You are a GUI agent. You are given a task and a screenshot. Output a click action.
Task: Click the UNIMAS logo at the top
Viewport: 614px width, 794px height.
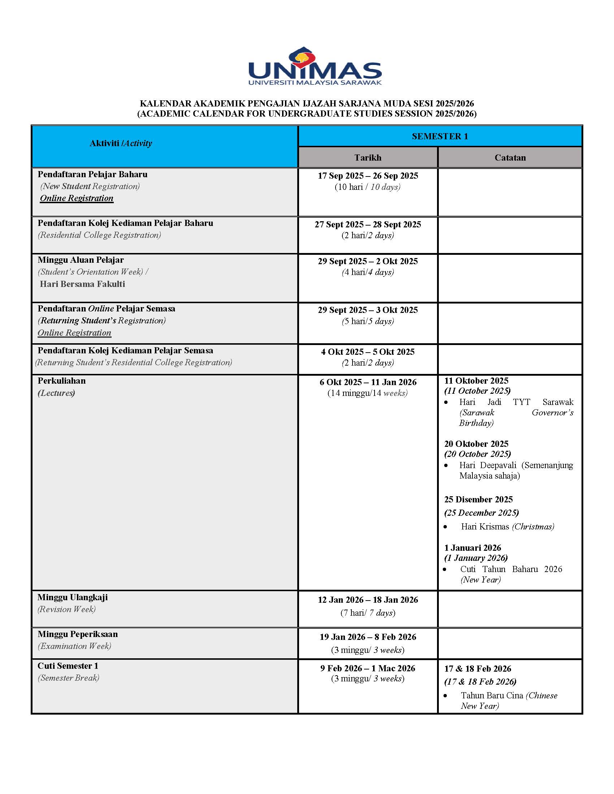point(315,66)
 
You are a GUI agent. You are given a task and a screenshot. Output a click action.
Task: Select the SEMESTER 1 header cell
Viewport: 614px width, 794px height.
point(440,136)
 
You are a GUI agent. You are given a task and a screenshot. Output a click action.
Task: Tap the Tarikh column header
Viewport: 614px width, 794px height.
point(368,157)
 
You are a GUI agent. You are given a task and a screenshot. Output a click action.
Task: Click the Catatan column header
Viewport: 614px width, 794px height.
point(510,157)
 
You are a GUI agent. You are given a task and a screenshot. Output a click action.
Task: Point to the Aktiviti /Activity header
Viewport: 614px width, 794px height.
point(121,143)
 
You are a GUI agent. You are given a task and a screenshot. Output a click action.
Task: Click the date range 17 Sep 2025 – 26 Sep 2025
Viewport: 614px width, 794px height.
point(368,176)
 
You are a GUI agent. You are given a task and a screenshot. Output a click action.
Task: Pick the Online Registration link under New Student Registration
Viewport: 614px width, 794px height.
point(77,198)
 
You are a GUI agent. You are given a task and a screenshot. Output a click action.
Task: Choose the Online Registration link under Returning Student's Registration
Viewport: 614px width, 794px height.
point(74,333)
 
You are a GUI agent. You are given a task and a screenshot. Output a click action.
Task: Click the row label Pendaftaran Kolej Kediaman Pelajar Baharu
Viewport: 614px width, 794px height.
point(125,223)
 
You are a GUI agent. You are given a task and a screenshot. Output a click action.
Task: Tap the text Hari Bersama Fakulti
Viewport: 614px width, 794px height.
point(83,284)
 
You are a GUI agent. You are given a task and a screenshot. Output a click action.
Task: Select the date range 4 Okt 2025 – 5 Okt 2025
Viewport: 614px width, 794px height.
point(368,352)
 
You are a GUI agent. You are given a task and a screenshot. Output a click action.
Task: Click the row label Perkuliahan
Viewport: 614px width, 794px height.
point(62,381)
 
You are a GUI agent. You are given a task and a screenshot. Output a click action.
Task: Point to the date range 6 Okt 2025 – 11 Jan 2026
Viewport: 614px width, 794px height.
point(368,382)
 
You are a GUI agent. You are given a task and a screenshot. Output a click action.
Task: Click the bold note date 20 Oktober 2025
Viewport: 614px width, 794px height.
point(476,444)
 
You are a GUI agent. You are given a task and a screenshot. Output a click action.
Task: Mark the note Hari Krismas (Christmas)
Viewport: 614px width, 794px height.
point(507,527)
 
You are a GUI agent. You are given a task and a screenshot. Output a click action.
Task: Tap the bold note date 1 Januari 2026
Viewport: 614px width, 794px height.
point(472,547)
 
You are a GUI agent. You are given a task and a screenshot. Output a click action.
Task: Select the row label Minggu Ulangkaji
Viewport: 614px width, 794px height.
point(73,597)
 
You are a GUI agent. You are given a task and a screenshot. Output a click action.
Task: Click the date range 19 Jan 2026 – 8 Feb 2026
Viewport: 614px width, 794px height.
point(368,637)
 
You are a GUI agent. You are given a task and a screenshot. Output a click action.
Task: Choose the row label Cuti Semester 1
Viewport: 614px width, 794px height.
point(68,666)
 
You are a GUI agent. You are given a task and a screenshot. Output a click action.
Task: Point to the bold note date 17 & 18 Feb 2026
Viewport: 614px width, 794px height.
point(477,668)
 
